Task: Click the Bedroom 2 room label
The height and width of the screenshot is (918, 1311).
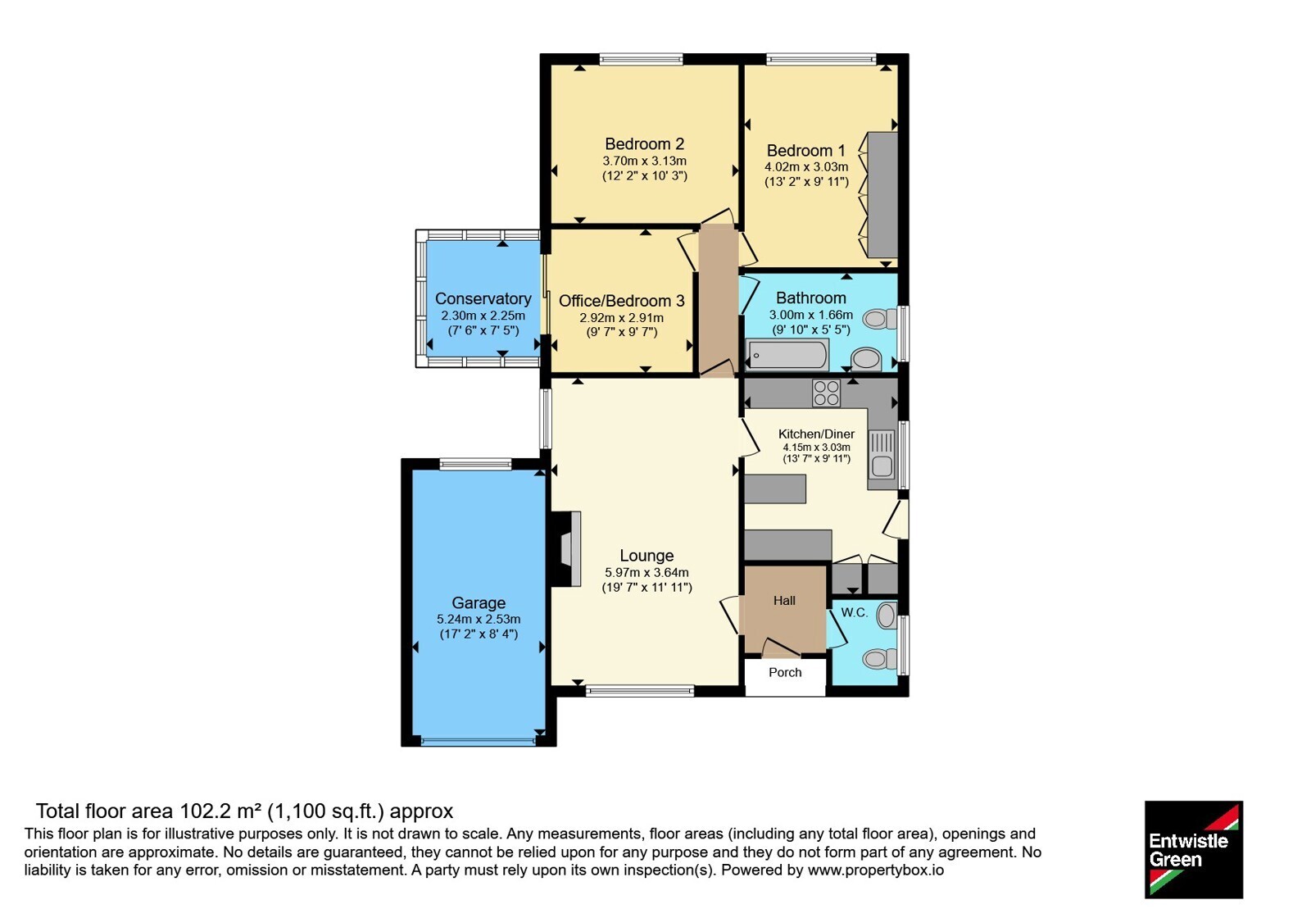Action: click(x=644, y=144)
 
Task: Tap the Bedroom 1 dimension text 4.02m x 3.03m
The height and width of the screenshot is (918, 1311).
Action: click(x=806, y=167)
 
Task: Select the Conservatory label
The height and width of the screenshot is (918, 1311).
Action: click(x=483, y=298)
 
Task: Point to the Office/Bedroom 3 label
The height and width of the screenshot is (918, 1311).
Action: click(x=622, y=301)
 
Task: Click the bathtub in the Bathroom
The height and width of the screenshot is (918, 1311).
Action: click(x=787, y=355)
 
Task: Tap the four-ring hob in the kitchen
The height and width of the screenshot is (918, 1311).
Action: click(x=826, y=393)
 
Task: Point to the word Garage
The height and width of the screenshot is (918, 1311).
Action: click(x=479, y=603)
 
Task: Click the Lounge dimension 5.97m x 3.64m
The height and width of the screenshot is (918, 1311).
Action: click(x=646, y=573)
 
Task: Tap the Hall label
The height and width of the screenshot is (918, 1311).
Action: click(x=784, y=601)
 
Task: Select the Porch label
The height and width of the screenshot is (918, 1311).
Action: click(x=785, y=672)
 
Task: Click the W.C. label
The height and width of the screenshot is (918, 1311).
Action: click(x=855, y=613)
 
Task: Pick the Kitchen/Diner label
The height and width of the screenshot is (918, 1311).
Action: click(x=816, y=434)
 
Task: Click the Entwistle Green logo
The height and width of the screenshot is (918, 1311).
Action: click(x=1194, y=849)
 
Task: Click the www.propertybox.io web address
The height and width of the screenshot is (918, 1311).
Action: click(x=876, y=870)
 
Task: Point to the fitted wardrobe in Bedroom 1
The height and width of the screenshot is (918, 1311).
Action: click(x=882, y=194)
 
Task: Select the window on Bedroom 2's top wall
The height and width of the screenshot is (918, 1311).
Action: click(x=642, y=58)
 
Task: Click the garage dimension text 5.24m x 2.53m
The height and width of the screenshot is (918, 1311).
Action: click(x=479, y=620)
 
